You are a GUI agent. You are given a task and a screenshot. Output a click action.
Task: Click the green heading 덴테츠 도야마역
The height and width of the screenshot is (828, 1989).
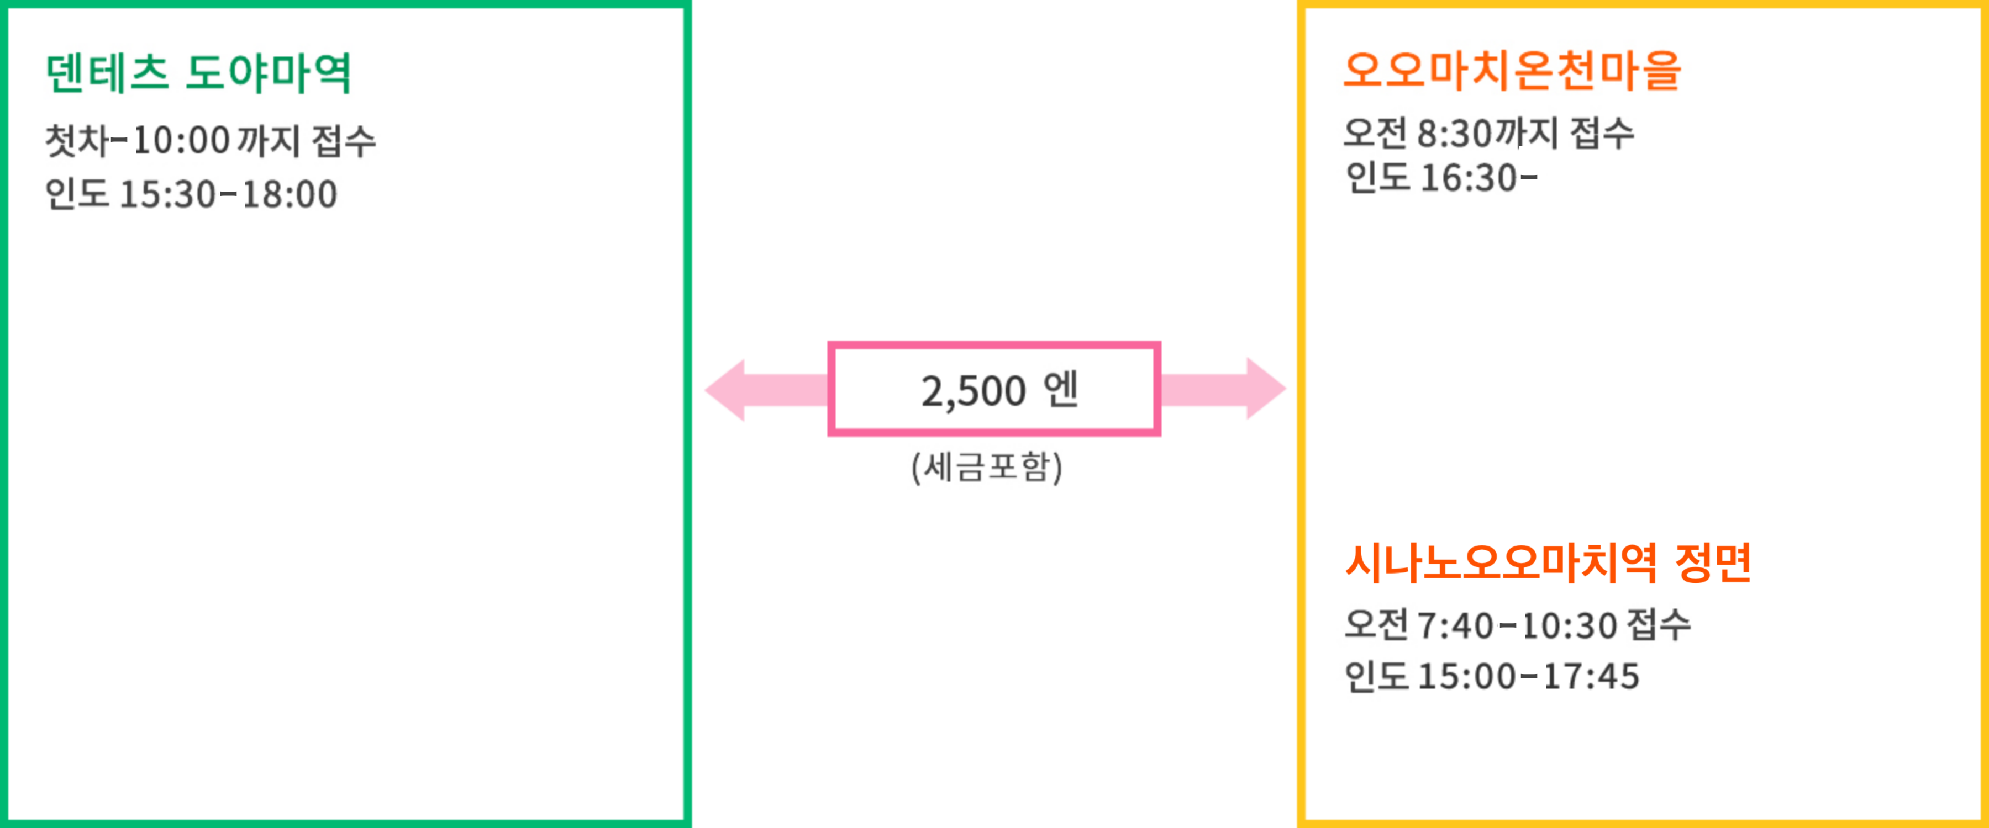coord(198,73)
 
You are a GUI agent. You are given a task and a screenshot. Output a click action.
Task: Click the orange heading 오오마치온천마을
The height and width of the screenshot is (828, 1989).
coord(1512,71)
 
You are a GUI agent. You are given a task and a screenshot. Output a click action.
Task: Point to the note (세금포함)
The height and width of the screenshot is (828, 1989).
coord(987,467)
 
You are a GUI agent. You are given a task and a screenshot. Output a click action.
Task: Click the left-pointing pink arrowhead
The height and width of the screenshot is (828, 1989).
coord(726,390)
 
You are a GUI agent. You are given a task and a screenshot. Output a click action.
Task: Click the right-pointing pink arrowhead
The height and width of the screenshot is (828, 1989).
coord(1266,388)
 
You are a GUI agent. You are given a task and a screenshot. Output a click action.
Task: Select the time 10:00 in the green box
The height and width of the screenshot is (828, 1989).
coord(181,140)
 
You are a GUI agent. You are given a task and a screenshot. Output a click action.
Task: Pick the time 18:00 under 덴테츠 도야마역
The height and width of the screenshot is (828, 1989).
coord(290,194)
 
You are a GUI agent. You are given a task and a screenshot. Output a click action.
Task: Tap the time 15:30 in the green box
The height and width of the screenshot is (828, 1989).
coord(167,194)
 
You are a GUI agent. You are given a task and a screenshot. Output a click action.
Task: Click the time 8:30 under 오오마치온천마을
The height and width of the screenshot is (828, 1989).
coord(1454,134)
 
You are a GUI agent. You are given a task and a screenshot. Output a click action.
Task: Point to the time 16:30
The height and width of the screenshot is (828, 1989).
coord(1469,178)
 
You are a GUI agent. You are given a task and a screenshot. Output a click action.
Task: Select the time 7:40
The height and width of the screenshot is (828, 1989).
coord(1455,625)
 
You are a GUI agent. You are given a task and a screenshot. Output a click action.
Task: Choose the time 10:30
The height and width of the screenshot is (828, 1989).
coord(1569,625)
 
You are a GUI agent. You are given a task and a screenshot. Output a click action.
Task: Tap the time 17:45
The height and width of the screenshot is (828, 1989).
coord(1591,676)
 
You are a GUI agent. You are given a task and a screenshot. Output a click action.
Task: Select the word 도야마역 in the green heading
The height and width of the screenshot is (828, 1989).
coord(269,73)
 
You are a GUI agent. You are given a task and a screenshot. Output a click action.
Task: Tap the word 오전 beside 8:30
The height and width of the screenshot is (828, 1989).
coord(1375,134)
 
